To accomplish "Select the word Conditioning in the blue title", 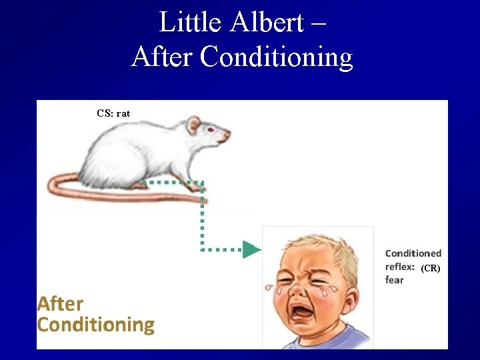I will click(276, 57).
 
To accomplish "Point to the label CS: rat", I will click(113, 113).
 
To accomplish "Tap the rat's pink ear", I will click(193, 125).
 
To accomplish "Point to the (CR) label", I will click(430, 268).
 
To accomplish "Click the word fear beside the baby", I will click(395, 280).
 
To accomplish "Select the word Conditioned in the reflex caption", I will click(413, 253).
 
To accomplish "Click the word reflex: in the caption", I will click(400, 267).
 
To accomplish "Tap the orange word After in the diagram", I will click(61, 304).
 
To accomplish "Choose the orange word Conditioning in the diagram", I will click(95, 325).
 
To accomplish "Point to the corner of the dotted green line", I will click(201, 182).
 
